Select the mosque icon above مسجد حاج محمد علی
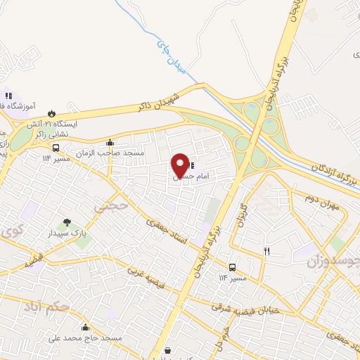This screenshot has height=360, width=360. click(x=85, y=327)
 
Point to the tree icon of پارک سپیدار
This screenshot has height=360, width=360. click(x=67, y=223)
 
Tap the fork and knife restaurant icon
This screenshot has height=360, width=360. click(x=266, y=251)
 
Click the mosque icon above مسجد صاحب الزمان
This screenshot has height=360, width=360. click(x=109, y=143)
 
